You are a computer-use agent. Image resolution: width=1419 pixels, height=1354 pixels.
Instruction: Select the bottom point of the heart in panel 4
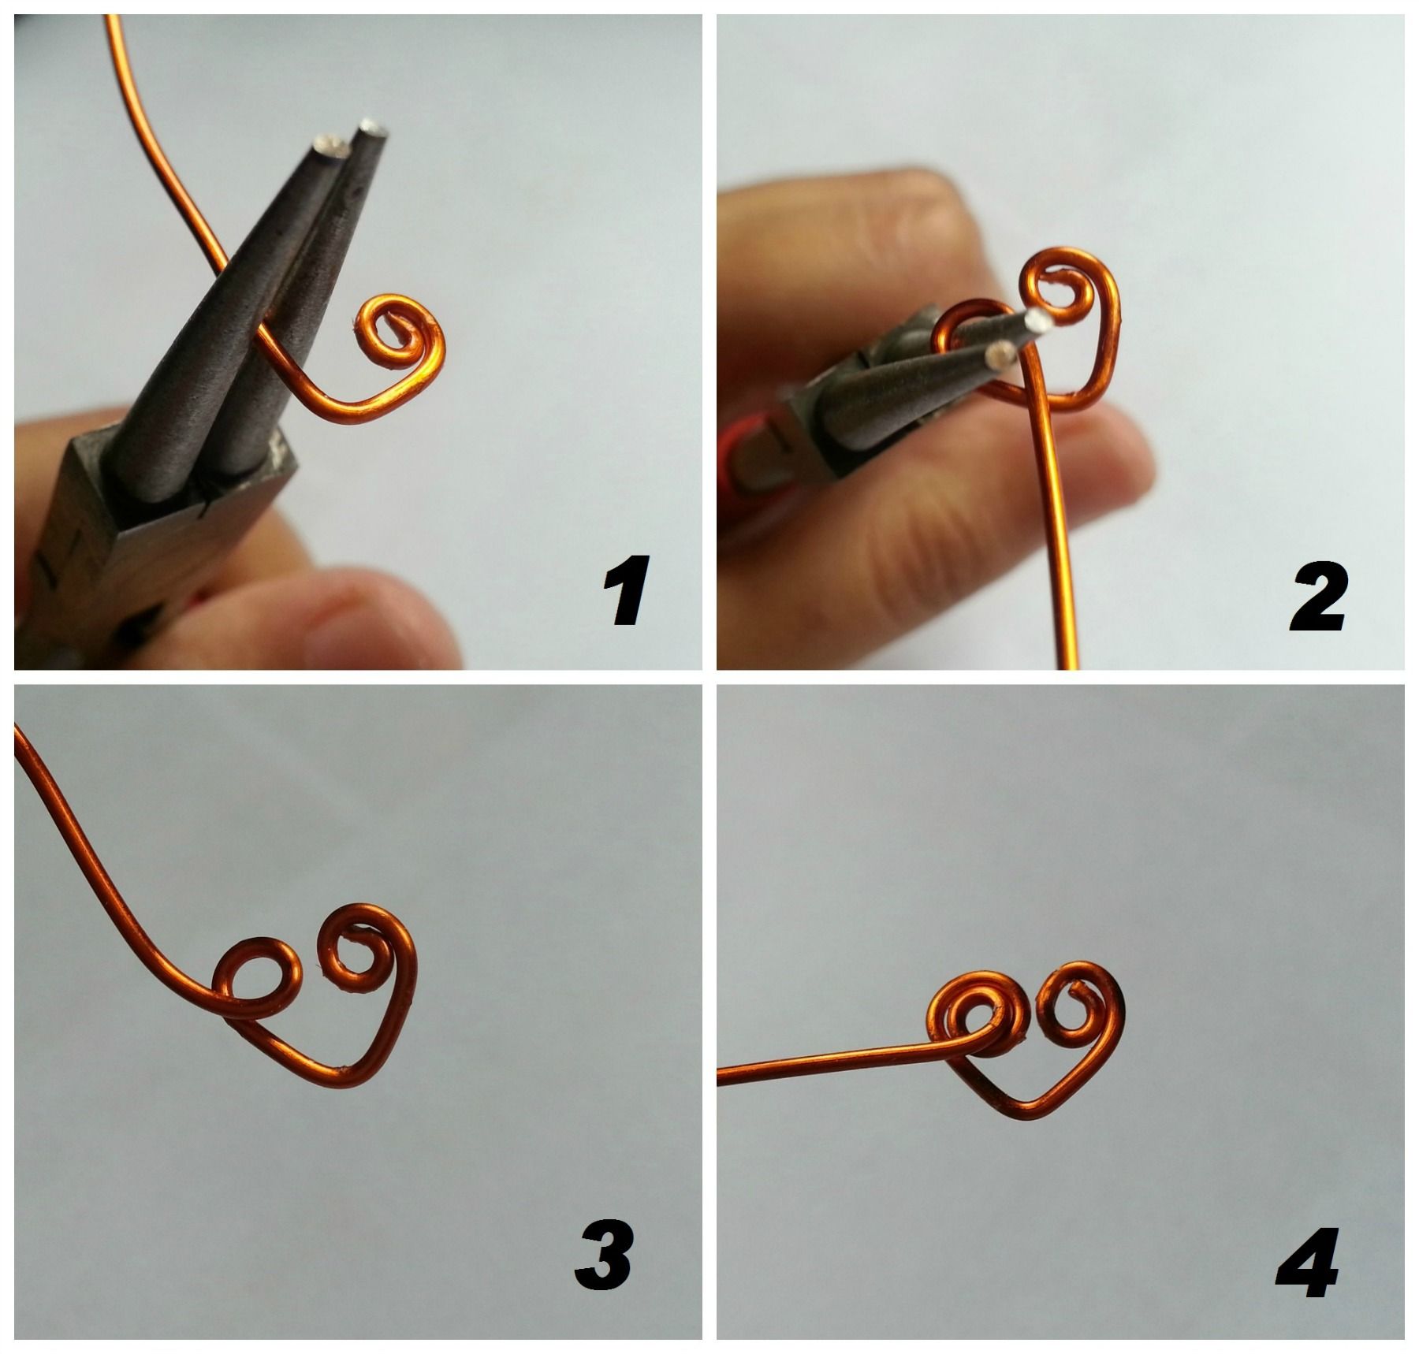pos(1025,1112)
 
